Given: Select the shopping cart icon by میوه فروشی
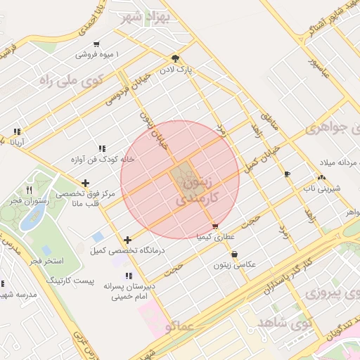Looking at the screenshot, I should (x=96, y=44).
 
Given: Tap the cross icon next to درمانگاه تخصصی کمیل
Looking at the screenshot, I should (x=127, y=240).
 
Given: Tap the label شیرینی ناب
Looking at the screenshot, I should (x=322, y=188).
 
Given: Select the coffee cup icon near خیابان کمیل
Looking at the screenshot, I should (x=287, y=174).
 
